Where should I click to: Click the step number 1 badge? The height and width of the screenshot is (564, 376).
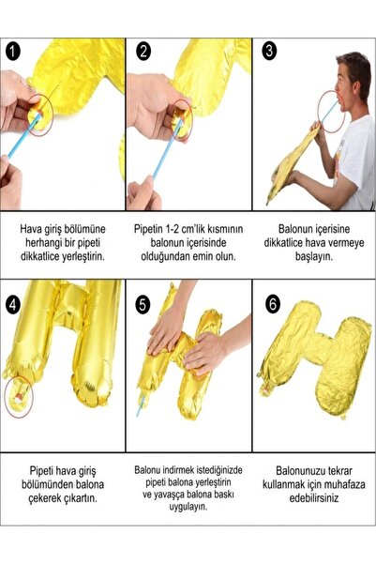tap(13, 52)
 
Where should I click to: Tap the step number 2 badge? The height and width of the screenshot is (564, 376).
tap(143, 52)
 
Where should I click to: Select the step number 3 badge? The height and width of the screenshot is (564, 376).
tap(268, 52)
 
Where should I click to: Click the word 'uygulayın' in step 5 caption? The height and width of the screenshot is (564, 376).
tap(188, 513)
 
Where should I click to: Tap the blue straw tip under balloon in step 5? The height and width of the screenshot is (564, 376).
tap(140, 410)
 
